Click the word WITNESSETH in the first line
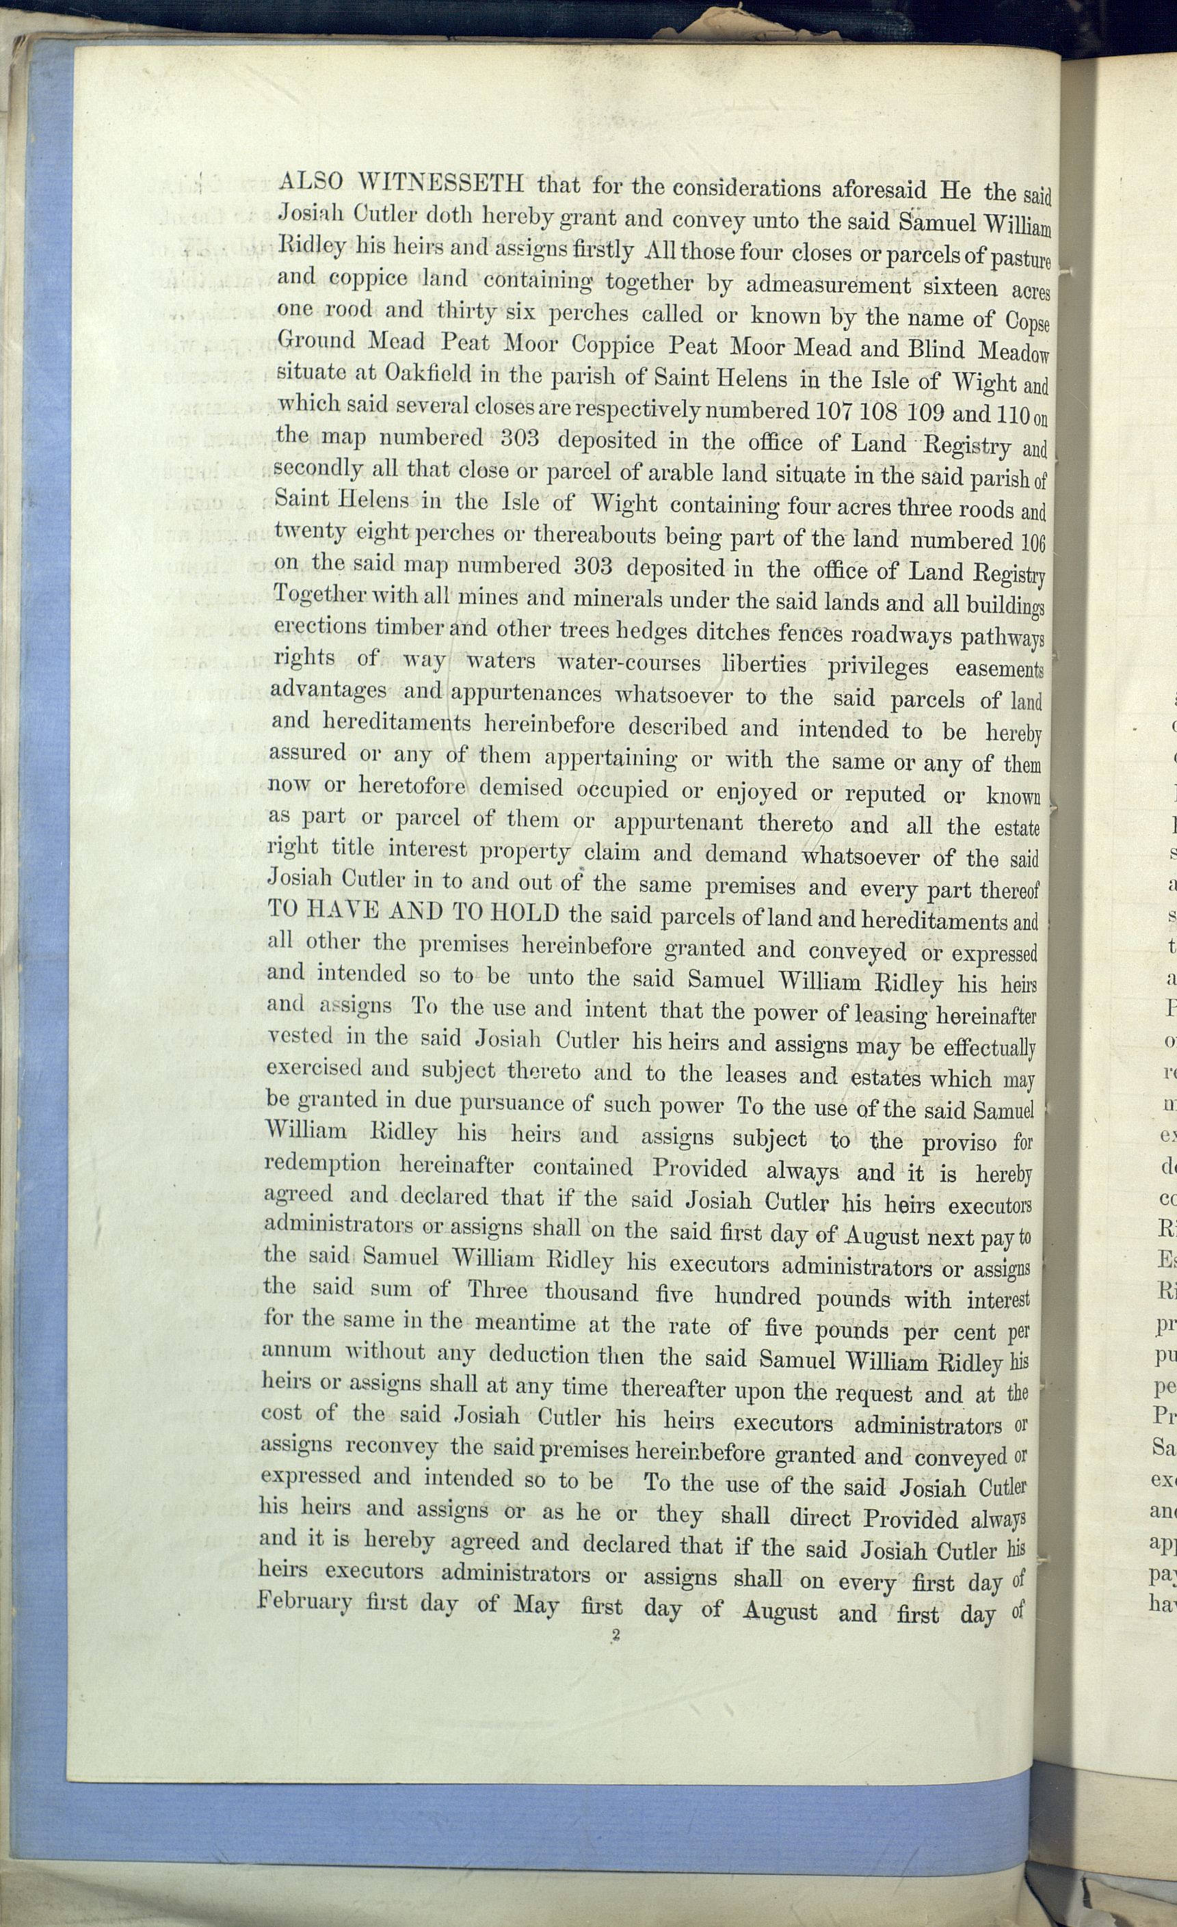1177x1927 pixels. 441,183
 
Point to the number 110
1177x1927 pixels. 1013,414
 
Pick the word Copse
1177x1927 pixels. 1027,321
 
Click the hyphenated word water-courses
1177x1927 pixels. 628,663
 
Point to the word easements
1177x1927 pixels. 999,669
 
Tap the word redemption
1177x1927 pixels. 322,1164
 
